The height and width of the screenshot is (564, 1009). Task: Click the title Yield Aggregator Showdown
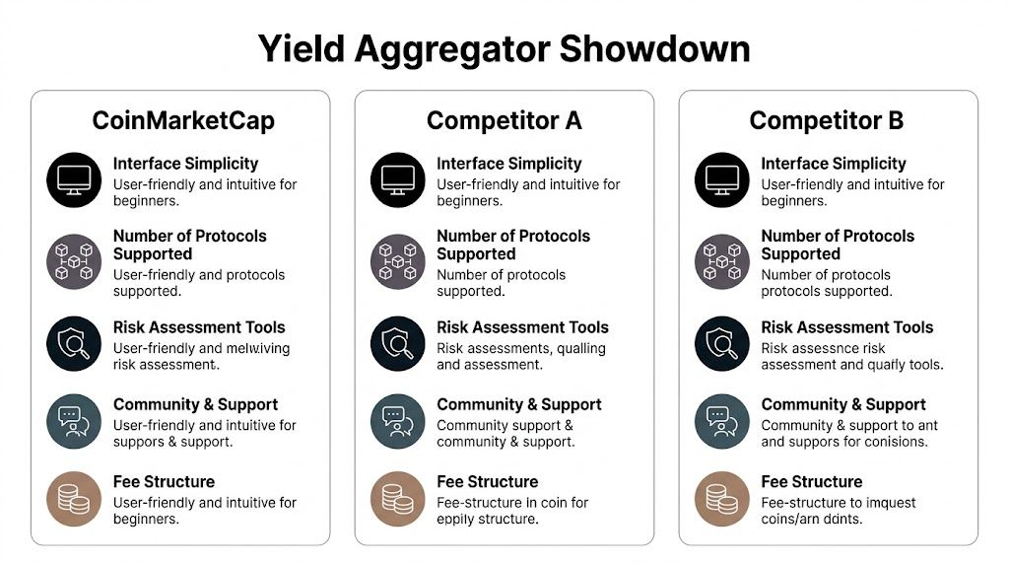[x=504, y=48]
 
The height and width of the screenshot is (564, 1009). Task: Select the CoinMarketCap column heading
[x=183, y=121]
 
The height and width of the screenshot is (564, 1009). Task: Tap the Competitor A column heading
[x=504, y=121]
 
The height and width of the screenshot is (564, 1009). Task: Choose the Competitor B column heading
[x=827, y=121]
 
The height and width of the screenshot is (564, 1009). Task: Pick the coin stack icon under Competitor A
[x=398, y=498]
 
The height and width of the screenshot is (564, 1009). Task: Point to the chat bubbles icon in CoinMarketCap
[x=75, y=421]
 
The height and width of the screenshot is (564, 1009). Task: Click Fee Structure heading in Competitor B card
[x=811, y=481]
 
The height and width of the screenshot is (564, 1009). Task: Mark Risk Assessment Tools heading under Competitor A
[x=522, y=327]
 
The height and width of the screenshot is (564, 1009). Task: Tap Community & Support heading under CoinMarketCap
[x=195, y=404]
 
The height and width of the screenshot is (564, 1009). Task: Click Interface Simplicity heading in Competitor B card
[x=833, y=164]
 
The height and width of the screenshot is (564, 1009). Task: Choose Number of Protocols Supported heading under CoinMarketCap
[x=189, y=245]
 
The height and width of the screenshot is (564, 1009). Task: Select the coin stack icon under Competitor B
[x=722, y=498]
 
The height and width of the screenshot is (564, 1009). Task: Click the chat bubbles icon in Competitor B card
[x=722, y=421]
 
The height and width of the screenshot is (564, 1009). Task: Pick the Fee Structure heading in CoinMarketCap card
[x=164, y=481]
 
